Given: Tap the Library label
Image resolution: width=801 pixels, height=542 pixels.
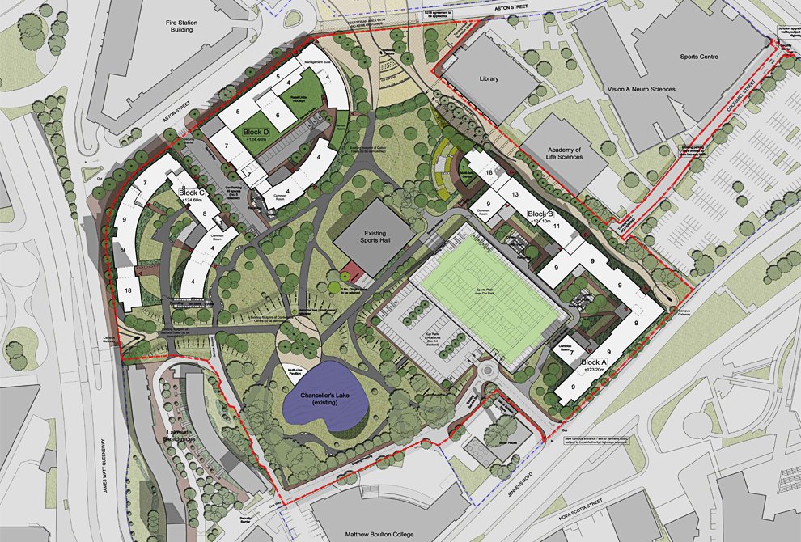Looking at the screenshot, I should click(x=489, y=79).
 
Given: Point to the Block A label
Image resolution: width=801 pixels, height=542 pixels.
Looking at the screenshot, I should click(x=594, y=362).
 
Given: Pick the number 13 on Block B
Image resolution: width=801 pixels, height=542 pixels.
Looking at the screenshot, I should click(x=514, y=194).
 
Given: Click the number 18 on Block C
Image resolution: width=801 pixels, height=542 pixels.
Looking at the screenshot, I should click(x=128, y=290).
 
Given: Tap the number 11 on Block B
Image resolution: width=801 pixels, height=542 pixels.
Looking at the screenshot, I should click(x=557, y=227).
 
